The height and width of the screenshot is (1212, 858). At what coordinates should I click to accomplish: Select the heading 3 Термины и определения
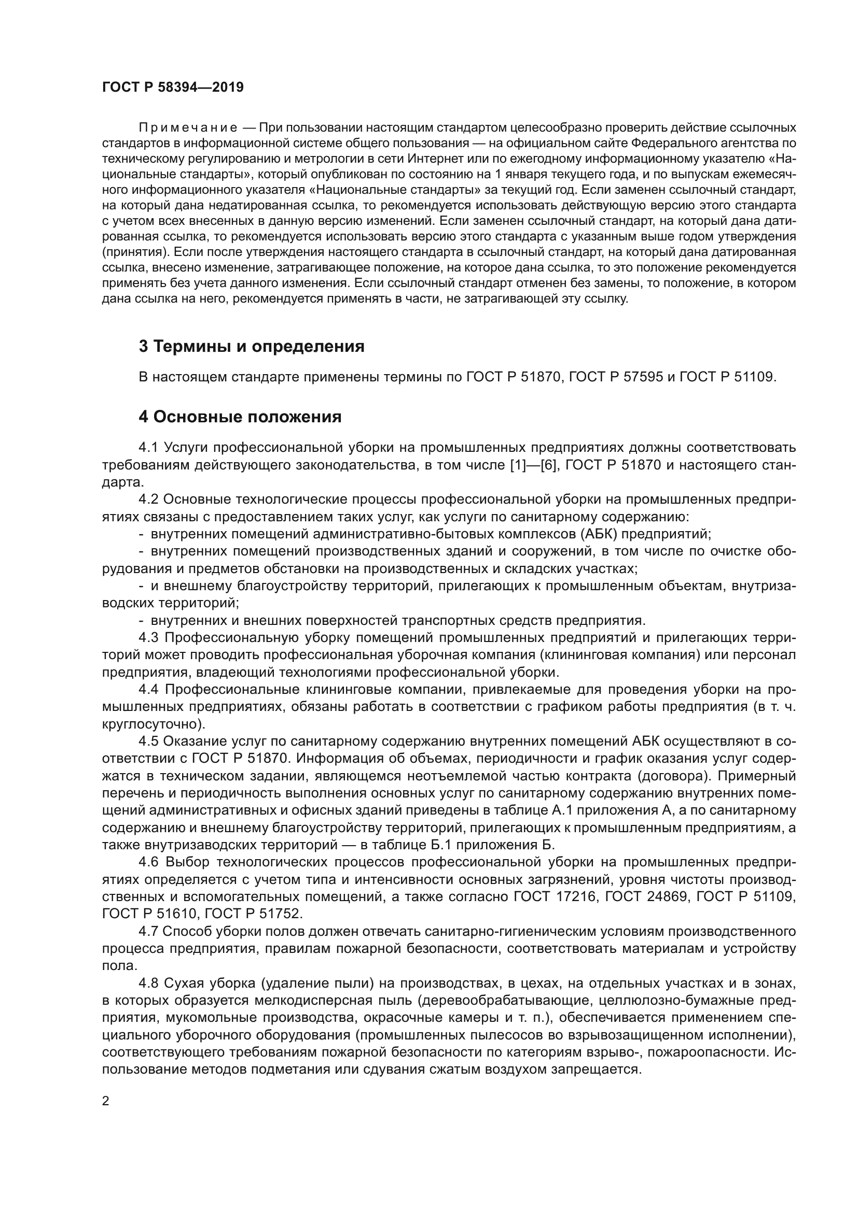coord(252,346)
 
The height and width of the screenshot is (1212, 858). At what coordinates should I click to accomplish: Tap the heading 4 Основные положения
coord(240,417)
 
